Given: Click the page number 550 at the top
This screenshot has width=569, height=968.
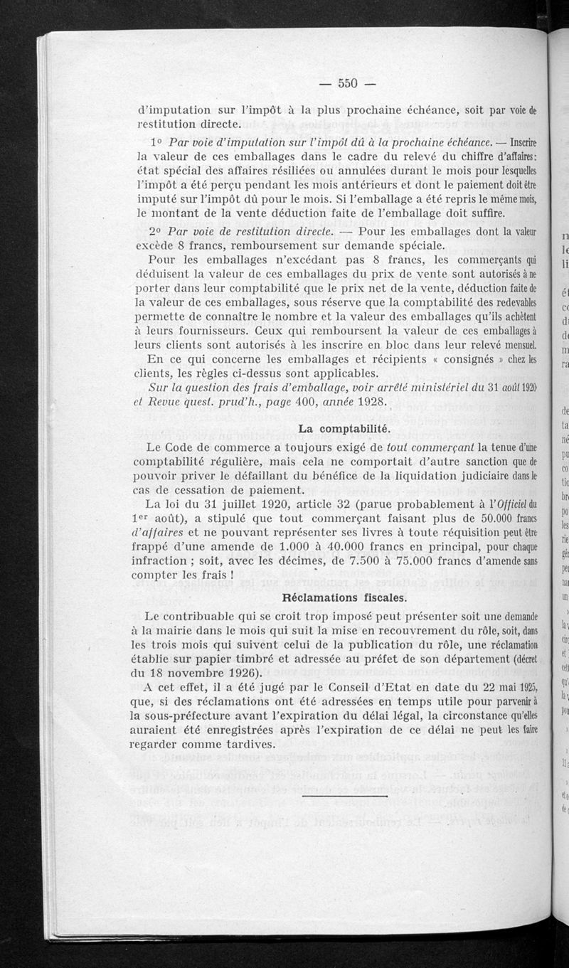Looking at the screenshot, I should (346, 83).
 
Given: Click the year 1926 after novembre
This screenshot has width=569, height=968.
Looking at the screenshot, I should (239, 674).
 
